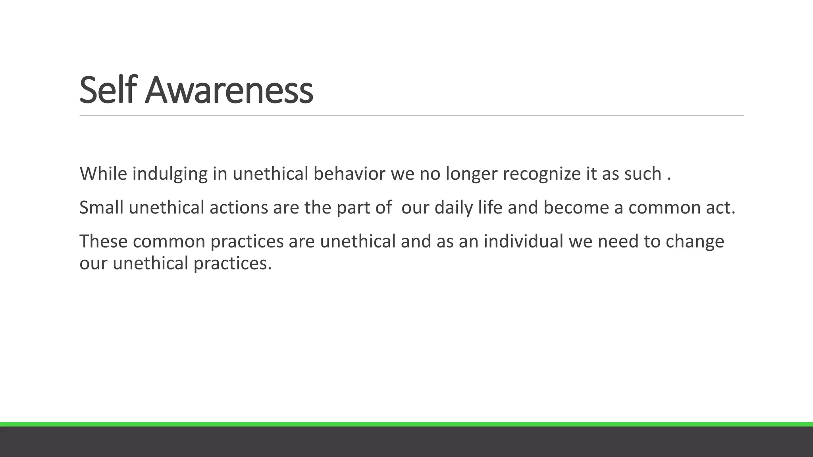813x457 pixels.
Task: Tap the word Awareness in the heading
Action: point(229,90)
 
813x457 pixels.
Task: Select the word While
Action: point(103,174)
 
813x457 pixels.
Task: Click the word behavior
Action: point(349,174)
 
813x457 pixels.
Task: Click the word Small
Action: point(101,207)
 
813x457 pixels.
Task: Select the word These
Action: point(104,241)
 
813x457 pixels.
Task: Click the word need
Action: point(618,241)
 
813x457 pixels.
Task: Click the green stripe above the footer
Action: point(406,424)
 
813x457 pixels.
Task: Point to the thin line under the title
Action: point(412,116)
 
